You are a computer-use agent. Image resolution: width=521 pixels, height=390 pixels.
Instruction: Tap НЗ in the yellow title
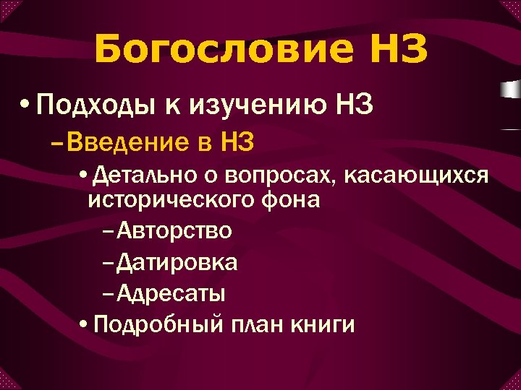pyautogui.click(x=391, y=51)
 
